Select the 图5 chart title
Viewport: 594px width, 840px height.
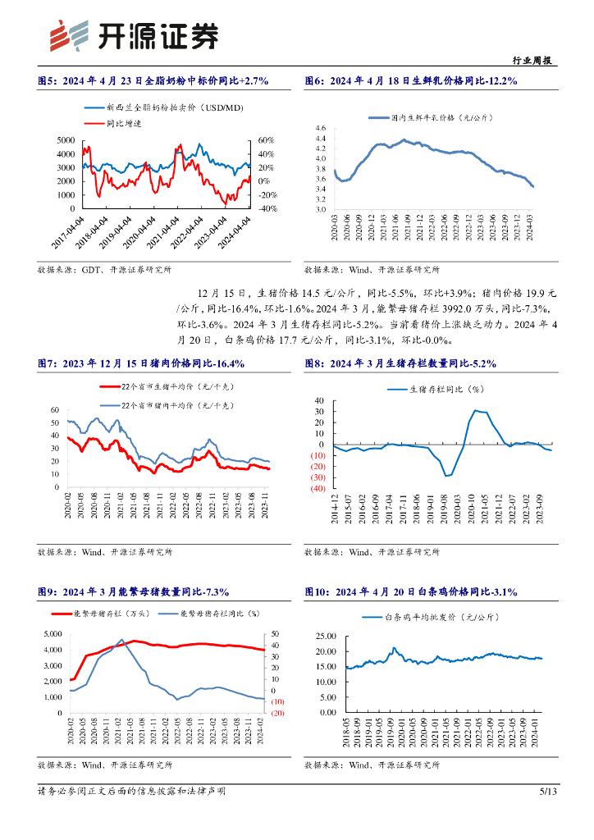(x=153, y=80)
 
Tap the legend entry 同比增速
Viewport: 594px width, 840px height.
(x=124, y=123)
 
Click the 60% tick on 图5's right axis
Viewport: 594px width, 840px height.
(x=267, y=140)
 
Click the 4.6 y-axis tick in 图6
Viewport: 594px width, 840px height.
(x=320, y=129)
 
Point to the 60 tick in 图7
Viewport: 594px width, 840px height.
(x=55, y=410)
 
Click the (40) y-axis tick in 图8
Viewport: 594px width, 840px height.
(x=316, y=488)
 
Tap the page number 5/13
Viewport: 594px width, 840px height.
(x=548, y=791)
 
